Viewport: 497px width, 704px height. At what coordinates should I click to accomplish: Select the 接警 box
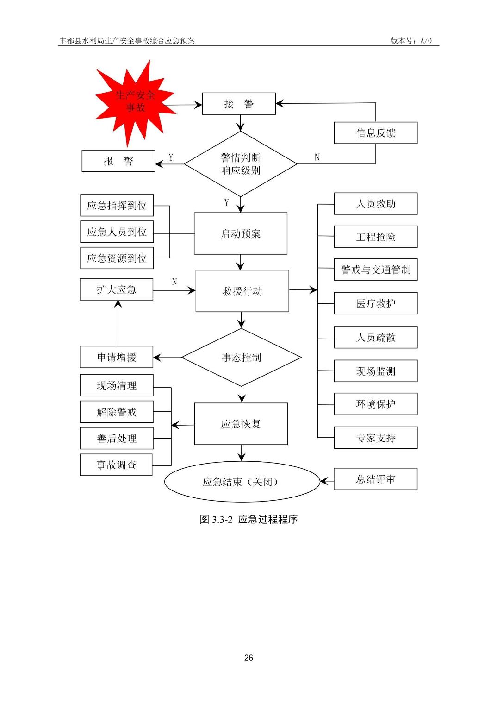pos(239,104)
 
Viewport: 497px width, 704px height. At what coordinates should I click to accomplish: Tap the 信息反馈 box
pos(375,133)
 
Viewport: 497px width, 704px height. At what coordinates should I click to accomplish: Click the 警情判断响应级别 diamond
pos(241,164)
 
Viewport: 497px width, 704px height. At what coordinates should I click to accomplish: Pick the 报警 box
pos(118,161)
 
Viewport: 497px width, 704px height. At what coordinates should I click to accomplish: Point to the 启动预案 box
pos(241,233)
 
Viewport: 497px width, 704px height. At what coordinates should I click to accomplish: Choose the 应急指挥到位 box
pos(117,206)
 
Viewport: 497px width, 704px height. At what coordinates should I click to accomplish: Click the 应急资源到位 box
pos(117,258)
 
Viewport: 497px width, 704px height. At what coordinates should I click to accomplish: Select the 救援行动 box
pos(242,291)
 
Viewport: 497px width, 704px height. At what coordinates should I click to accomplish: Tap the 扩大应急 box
pos(116,289)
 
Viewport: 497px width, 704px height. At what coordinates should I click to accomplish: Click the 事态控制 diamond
pos(242,358)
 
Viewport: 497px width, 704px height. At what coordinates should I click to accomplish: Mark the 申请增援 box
pos(116,357)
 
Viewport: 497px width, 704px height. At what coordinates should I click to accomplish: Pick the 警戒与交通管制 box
pos(375,270)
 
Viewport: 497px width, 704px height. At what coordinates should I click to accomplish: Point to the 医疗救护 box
pos(375,303)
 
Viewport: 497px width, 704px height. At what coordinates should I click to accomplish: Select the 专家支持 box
pos(375,438)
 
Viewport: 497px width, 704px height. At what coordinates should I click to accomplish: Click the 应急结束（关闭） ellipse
pos(242,482)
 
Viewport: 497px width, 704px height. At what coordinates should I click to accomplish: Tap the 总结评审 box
pos(375,479)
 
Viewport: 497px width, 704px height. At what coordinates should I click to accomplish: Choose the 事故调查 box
pos(116,465)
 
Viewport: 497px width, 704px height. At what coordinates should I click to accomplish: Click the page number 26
pos(248,658)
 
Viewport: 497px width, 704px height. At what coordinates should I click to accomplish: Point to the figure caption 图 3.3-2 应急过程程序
pos(248,519)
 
